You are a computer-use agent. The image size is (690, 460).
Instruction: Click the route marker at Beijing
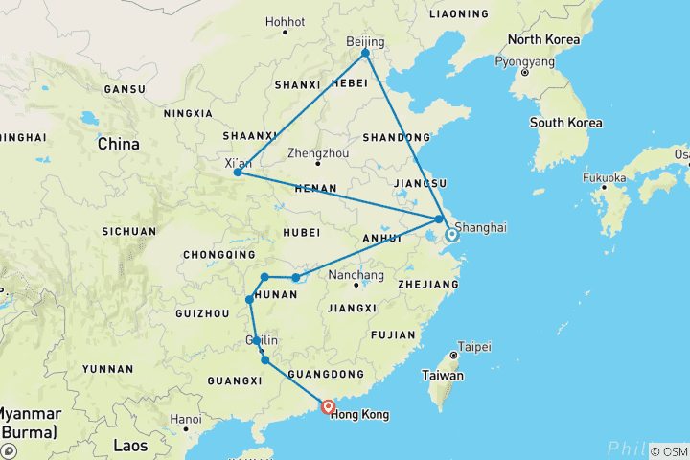(x=365, y=53)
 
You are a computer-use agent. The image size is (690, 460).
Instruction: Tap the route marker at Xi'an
(x=238, y=172)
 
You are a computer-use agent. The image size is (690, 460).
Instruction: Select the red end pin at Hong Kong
(x=328, y=406)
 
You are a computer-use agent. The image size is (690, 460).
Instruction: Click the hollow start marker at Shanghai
(x=450, y=233)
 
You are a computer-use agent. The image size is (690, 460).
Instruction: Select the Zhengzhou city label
(x=318, y=153)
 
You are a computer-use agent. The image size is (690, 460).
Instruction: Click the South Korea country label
(x=566, y=123)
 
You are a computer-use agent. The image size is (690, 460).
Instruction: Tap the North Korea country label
(x=544, y=40)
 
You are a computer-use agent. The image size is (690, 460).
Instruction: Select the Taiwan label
(x=444, y=376)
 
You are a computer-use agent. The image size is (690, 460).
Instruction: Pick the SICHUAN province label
(x=130, y=231)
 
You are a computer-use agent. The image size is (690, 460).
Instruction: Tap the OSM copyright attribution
(x=669, y=451)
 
